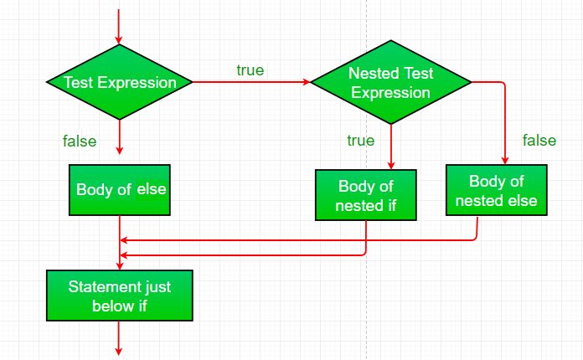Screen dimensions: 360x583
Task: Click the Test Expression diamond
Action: [x=120, y=83]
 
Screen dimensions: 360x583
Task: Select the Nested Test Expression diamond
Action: [x=390, y=83]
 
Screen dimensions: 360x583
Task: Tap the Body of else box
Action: [x=121, y=189]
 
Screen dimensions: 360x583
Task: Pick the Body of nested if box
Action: [x=366, y=196]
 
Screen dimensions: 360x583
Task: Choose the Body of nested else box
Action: [x=496, y=192]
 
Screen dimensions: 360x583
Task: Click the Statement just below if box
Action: [x=120, y=296]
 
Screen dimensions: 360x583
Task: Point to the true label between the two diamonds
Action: [x=250, y=70]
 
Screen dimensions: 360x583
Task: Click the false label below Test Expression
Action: [x=80, y=141]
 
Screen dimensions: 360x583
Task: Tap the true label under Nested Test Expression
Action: [x=360, y=141]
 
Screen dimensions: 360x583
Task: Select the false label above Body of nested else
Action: [x=539, y=140]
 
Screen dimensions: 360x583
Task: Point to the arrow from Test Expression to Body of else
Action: [x=120, y=138]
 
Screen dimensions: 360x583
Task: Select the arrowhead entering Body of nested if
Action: [x=391, y=165]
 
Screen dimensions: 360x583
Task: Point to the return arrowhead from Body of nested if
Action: [x=125, y=255]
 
